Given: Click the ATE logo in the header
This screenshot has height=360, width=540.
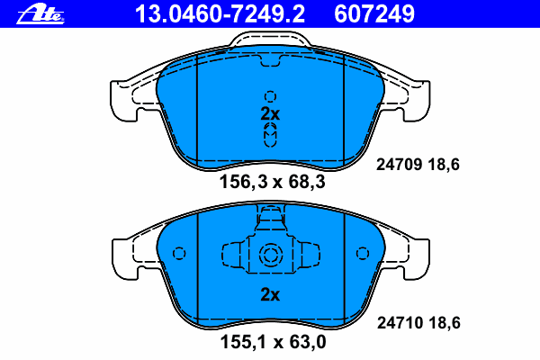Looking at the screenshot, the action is click(40, 14).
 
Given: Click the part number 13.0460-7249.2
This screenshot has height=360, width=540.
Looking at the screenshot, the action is click(220, 14).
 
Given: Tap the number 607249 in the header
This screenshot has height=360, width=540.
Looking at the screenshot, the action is click(374, 14).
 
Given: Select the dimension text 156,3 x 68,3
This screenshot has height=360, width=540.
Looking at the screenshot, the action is click(272, 182).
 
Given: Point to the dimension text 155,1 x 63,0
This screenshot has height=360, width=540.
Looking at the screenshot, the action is click(273, 342).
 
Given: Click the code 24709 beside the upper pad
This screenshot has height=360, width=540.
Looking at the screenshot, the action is click(399, 165).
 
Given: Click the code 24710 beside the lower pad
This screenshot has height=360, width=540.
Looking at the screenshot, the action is click(400, 323).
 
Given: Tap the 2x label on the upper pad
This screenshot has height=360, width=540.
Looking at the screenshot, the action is click(270, 113).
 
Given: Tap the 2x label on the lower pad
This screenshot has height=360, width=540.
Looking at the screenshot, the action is click(270, 294).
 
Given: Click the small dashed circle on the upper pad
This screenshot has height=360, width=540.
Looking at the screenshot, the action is click(270, 97).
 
